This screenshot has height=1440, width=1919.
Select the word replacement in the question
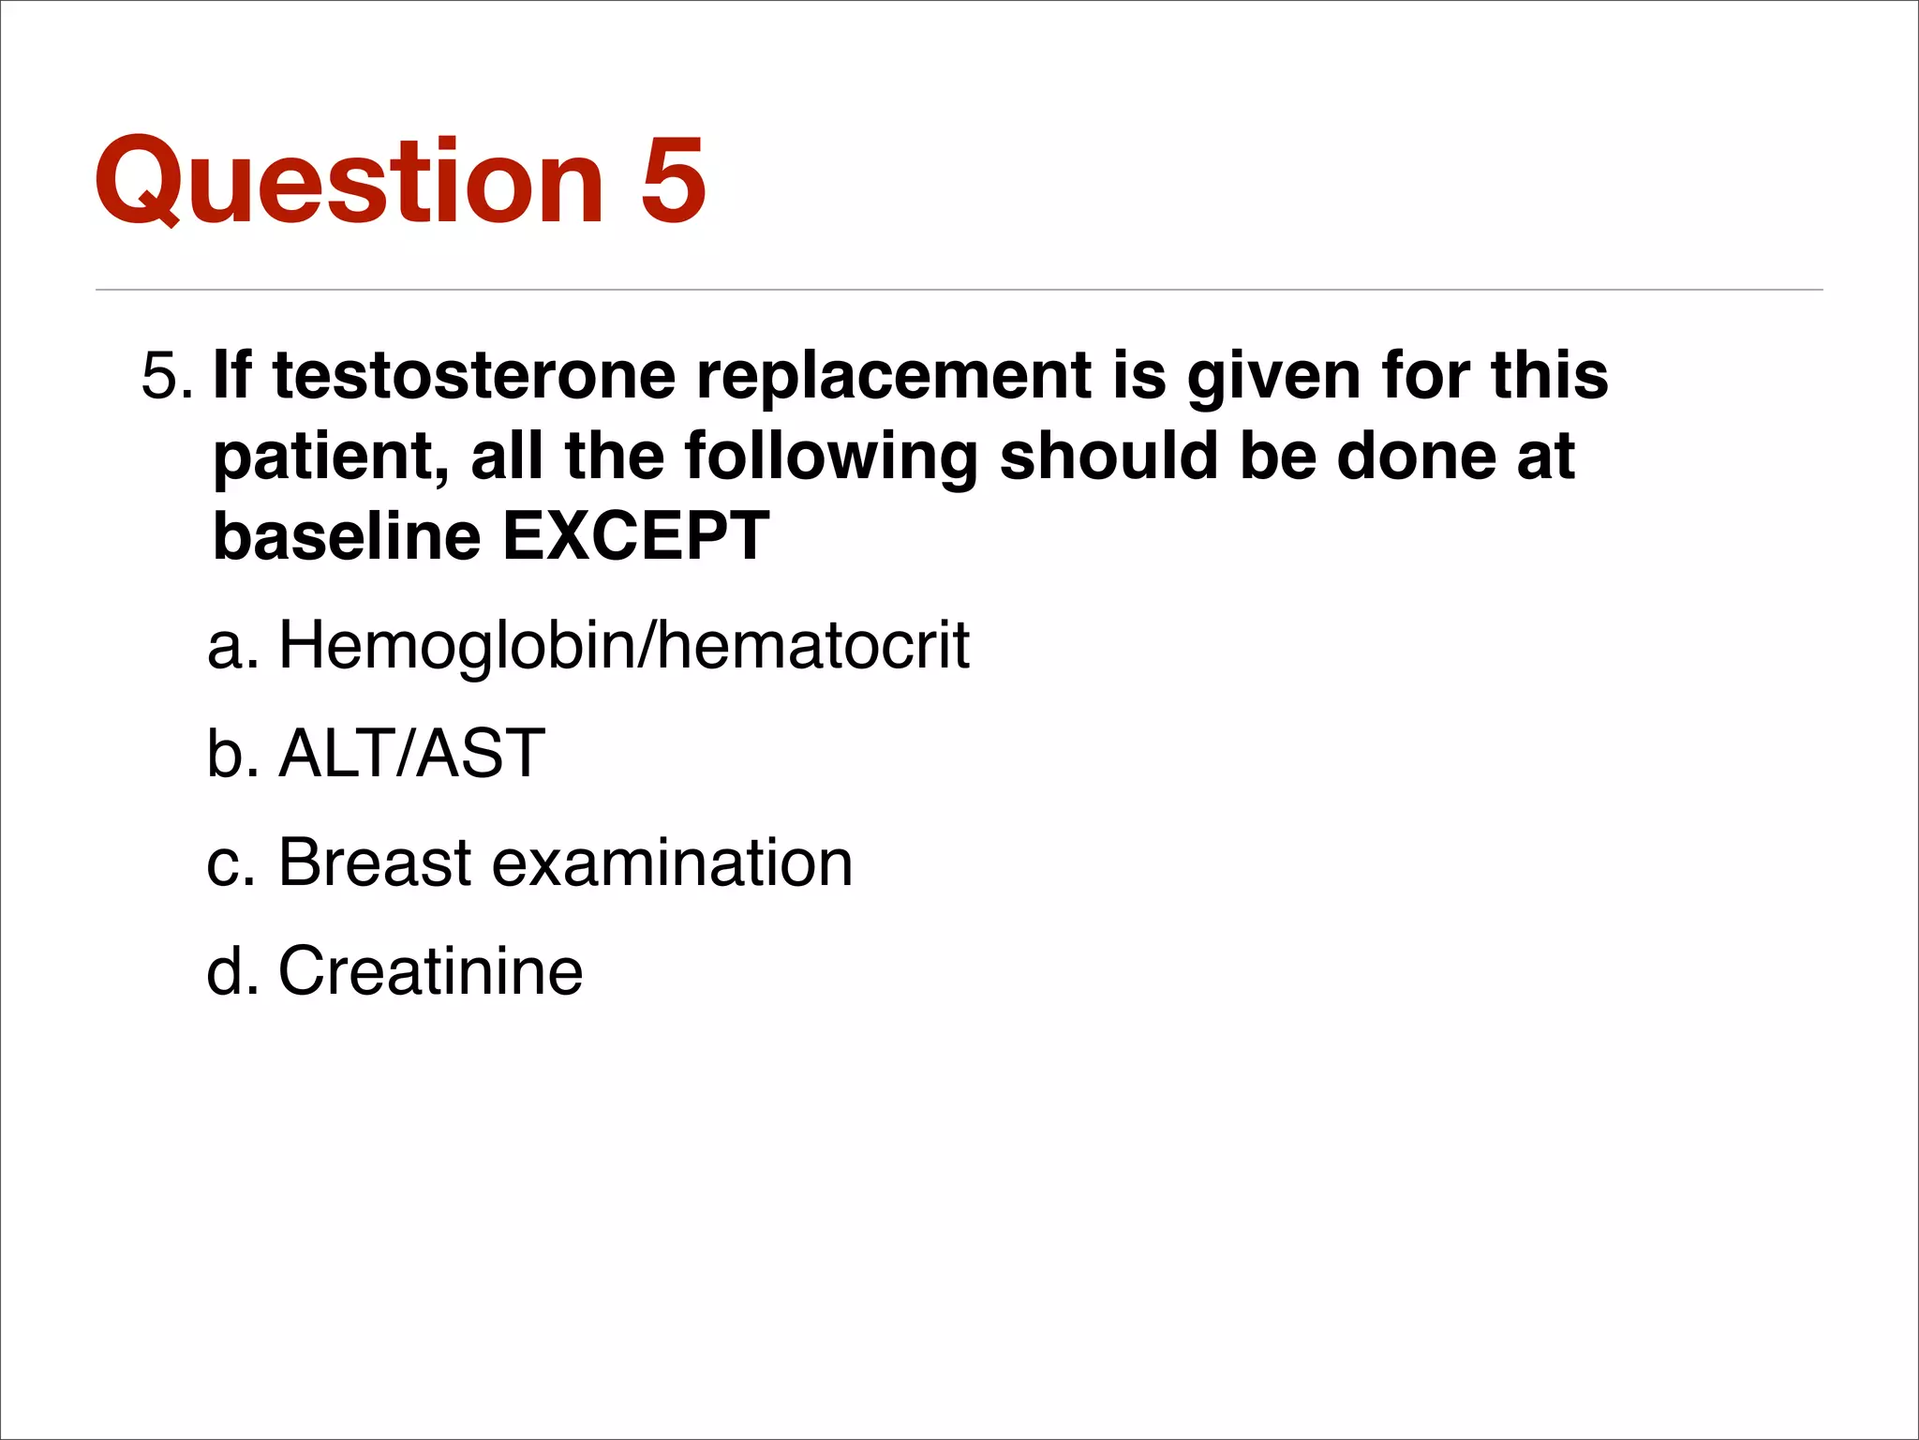coord(894,376)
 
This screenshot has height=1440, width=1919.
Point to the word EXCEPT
coord(636,536)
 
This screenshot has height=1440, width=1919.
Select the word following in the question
coord(830,457)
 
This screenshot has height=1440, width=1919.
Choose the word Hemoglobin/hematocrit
coord(624,646)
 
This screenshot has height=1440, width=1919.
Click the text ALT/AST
coord(412,753)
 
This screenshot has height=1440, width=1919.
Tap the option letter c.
coord(231,862)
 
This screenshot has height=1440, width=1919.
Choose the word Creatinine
coord(430,970)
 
